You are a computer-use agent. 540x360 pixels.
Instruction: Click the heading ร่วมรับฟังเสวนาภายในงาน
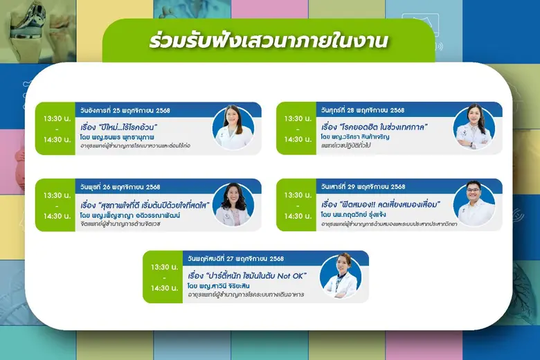(269, 41)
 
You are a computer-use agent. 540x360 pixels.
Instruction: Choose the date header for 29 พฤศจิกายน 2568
(363, 187)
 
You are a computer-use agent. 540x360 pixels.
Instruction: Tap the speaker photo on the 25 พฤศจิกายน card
(233, 128)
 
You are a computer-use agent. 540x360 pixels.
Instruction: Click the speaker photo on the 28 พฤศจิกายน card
(474, 128)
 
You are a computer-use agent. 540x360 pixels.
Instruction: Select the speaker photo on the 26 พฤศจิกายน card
(233, 205)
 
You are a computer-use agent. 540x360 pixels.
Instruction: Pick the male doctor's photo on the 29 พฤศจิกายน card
(474, 205)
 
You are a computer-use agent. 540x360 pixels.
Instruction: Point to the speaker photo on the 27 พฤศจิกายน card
(341, 276)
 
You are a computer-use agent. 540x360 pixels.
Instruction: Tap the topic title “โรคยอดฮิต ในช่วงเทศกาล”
(375, 127)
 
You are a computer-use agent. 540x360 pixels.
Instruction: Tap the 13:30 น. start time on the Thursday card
(165, 267)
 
